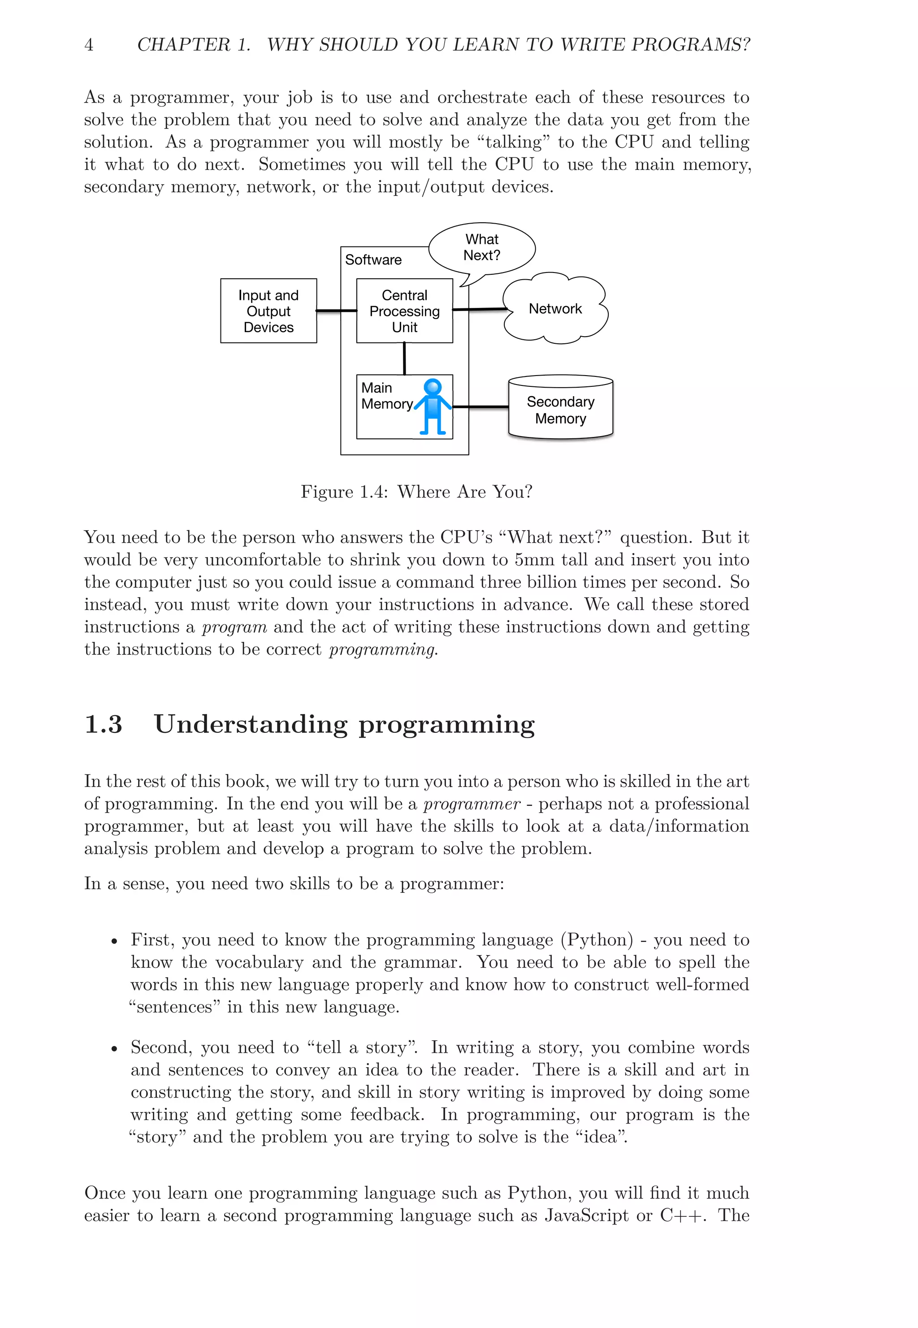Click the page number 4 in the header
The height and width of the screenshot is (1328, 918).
[89, 45]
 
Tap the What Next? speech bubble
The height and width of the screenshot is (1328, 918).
[482, 248]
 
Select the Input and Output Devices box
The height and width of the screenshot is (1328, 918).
[268, 311]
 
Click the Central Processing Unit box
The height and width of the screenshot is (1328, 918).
[404, 311]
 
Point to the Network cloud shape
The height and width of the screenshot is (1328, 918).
[555, 309]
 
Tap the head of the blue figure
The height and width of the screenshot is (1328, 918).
[433, 387]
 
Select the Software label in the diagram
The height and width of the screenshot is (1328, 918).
[373, 260]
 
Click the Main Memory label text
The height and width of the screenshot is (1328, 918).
[386, 396]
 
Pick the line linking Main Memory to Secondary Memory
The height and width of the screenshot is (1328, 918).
[481, 407]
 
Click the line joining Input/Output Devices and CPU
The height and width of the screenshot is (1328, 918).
[337, 311]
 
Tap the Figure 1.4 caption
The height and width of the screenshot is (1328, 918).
[416, 492]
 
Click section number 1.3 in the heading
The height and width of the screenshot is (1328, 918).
[104, 725]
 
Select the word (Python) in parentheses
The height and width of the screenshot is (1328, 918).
[597, 940]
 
